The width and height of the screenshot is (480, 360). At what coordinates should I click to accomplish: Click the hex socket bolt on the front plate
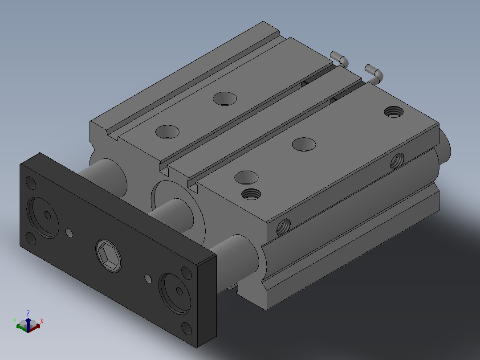109,256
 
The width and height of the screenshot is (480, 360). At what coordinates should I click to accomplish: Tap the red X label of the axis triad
42,321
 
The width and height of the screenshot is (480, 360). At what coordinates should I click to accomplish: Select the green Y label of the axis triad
14,321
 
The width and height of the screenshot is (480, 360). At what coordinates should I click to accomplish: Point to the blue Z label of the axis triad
28,313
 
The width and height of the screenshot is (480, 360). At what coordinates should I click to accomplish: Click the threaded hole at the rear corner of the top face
394,111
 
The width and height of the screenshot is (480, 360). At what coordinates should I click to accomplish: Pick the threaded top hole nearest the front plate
251,194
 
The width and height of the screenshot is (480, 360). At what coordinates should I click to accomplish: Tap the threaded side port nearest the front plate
284,227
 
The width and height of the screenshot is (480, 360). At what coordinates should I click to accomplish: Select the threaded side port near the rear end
397,161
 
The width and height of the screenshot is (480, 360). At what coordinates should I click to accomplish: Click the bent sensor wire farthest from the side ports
339,59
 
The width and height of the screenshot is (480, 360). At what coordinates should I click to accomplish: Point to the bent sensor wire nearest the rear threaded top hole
374,74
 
